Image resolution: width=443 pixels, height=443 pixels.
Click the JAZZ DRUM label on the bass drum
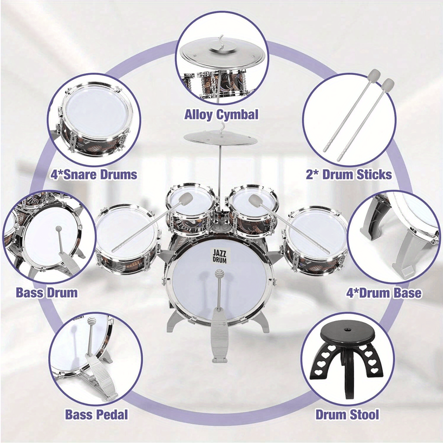click(x=219, y=255)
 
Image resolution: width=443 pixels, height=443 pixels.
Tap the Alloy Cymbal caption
click(x=221, y=114)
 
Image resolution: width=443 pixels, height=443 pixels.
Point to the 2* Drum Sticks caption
click(x=349, y=175)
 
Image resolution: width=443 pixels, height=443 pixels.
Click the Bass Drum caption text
click(x=47, y=293)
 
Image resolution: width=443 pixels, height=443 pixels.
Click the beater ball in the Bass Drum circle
click(x=59, y=230)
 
